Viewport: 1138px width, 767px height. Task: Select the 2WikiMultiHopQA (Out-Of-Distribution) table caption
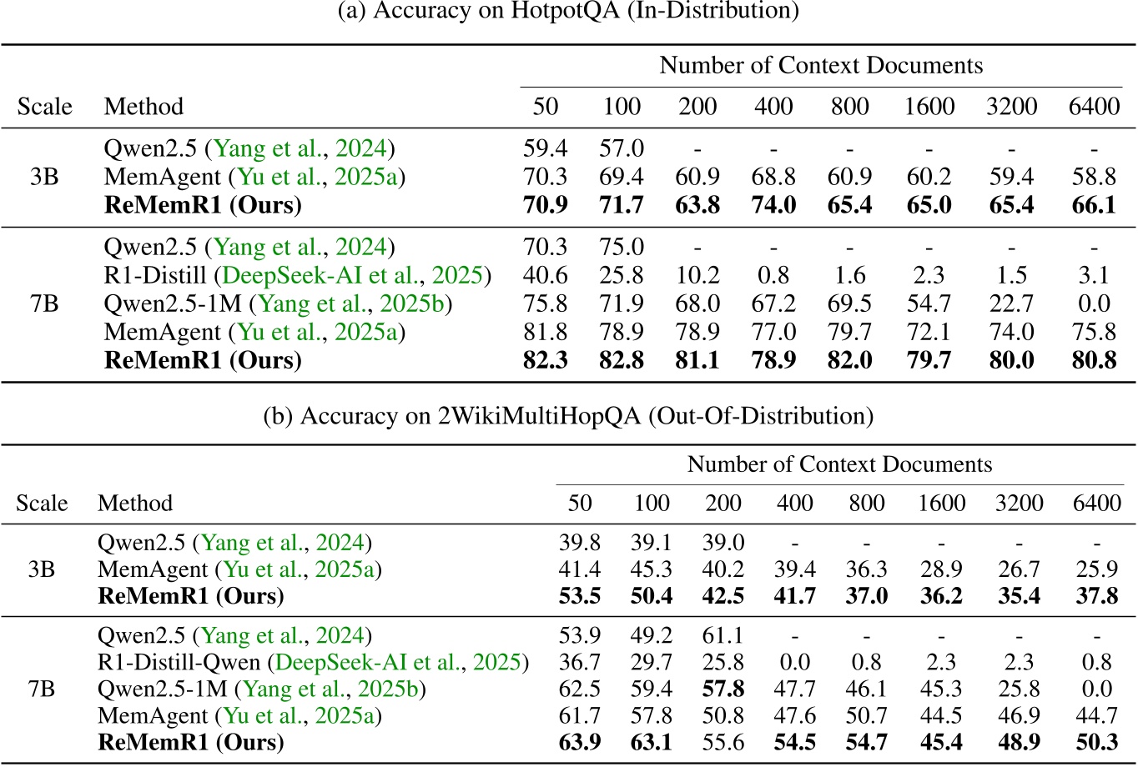tap(568, 416)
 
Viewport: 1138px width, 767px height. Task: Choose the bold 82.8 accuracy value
tap(622, 361)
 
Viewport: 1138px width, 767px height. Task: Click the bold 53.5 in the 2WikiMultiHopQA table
tap(579, 596)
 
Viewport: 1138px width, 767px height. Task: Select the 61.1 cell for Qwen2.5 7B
tap(723, 636)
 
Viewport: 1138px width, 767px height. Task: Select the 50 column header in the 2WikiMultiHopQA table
tap(579, 503)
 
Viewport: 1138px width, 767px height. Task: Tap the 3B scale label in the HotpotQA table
tap(43, 178)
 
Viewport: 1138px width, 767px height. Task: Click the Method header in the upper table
tap(144, 107)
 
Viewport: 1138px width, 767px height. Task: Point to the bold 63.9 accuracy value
tap(579, 741)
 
